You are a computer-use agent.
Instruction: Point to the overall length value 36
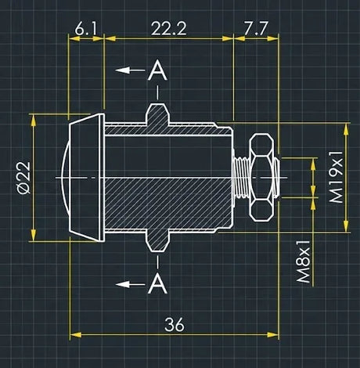pyautogui.click(x=174, y=323)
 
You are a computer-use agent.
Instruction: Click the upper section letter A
pyautogui.click(x=158, y=71)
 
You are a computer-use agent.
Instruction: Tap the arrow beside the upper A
pyautogui.click(x=128, y=70)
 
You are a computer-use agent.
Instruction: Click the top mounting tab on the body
pyautogui.click(x=158, y=114)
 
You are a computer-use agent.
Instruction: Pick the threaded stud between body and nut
pyautogui.click(x=240, y=177)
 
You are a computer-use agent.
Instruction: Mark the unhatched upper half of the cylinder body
pyautogui.click(x=168, y=153)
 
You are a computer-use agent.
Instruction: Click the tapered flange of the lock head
pyautogui.click(x=88, y=177)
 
